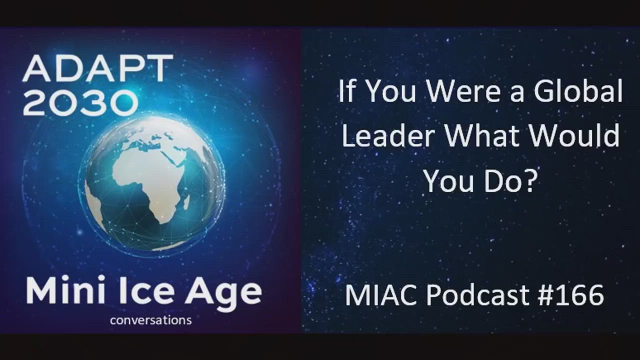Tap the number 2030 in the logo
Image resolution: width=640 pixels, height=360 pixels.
tap(79, 101)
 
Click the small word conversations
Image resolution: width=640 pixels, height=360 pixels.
tap(151, 320)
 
